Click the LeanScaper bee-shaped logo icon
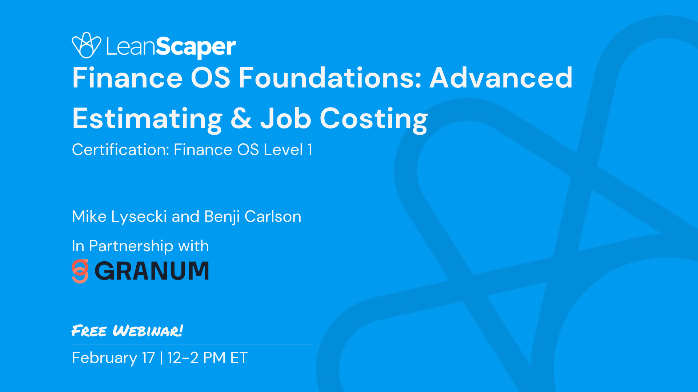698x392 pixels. (86, 45)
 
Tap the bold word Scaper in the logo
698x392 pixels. (196, 47)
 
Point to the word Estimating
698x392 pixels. (147, 119)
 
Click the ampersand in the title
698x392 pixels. (241, 119)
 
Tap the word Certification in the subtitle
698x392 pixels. (120, 150)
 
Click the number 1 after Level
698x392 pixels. (310, 150)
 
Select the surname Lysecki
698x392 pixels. (139, 217)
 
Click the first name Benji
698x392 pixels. (222, 217)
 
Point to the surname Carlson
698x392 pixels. (273, 217)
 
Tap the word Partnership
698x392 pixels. (131, 246)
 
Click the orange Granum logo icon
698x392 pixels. (80, 271)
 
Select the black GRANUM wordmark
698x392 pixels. (152, 271)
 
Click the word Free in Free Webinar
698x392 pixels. (89, 331)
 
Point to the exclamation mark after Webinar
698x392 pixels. (181, 330)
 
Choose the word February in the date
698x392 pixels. (104, 358)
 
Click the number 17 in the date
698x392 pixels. (148, 358)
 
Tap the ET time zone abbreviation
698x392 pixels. (239, 358)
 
